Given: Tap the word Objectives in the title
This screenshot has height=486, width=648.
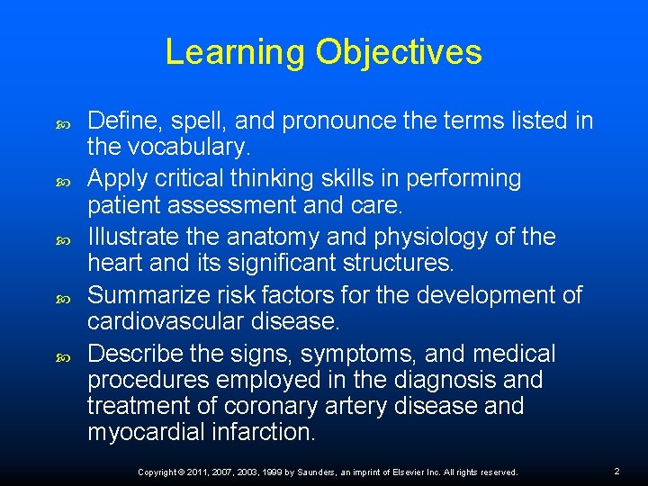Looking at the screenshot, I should [399, 53].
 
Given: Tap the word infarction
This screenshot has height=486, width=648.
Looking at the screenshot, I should [264, 432].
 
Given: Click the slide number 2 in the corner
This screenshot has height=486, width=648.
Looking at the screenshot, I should [617, 472].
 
